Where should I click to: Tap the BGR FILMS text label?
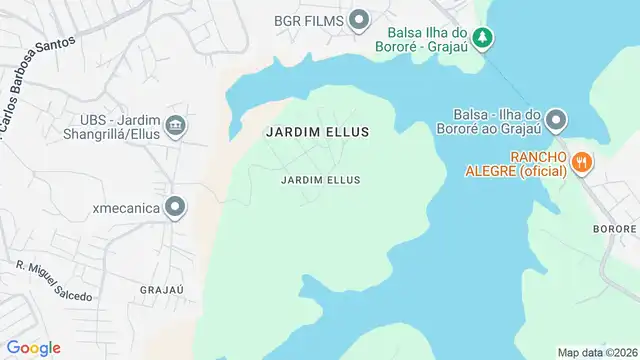click(x=309, y=20)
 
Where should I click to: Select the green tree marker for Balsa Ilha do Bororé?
click(x=484, y=38)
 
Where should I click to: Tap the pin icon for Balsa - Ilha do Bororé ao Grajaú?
click(x=557, y=121)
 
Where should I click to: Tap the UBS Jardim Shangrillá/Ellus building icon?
click(x=176, y=125)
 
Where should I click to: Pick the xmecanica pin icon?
click(x=176, y=207)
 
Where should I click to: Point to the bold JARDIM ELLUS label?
click(x=318, y=132)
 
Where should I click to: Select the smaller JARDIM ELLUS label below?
click(x=320, y=180)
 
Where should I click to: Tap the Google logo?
click(x=34, y=347)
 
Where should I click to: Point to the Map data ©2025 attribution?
click(x=597, y=352)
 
